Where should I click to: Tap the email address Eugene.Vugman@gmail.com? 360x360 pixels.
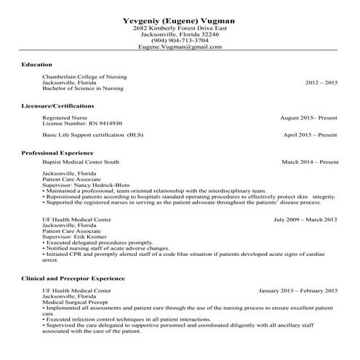tap(180, 46)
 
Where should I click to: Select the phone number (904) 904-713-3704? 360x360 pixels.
tap(180, 39)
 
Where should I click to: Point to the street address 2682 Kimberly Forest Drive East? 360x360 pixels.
tap(180, 27)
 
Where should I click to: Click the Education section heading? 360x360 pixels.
tap(36, 65)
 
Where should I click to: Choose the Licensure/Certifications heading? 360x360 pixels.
tap(57, 105)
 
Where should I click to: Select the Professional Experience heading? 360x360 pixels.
tap(57, 153)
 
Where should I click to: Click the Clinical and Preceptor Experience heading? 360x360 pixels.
tap(73, 278)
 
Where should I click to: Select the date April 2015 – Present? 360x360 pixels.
tap(311, 135)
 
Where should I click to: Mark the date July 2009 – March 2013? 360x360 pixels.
tap(305, 218)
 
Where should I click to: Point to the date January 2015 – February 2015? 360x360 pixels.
tap(297, 289)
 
